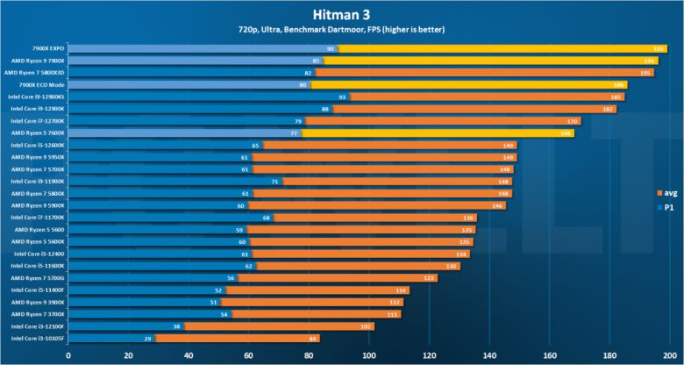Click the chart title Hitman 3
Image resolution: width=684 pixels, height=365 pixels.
[342, 14]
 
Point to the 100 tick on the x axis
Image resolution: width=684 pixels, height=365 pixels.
[368, 355]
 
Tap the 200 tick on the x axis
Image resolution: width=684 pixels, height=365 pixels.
[669, 355]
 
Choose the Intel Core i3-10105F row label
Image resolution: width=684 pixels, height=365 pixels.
[39, 338]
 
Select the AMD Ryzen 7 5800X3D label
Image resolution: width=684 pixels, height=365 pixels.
[34, 72]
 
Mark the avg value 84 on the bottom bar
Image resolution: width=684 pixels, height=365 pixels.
[313, 338]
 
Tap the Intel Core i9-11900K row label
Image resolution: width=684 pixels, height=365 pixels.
[39, 181]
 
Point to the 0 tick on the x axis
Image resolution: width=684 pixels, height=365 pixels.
[68, 355]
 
